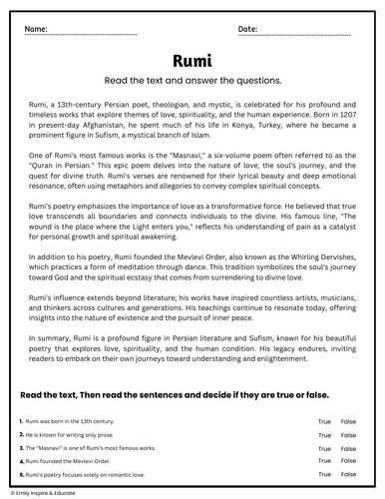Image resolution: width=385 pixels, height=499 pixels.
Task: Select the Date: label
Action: tap(248, 31)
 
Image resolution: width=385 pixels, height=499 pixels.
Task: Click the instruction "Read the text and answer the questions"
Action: tap(192, 81)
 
